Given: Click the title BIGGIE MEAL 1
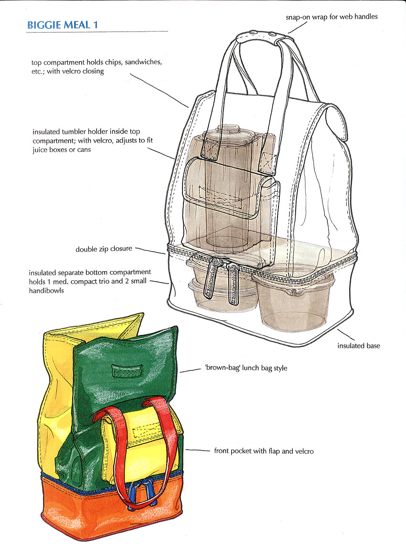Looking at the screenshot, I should tap(62, 25).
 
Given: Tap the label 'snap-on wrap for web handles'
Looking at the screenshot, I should tap(331, 17).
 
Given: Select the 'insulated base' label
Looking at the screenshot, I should tap(358, 346).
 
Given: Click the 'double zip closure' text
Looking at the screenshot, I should tap(104, 249).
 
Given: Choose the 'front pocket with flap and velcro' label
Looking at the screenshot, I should tap(264, 451).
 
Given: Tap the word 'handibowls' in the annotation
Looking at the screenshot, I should tap(47, 290).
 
